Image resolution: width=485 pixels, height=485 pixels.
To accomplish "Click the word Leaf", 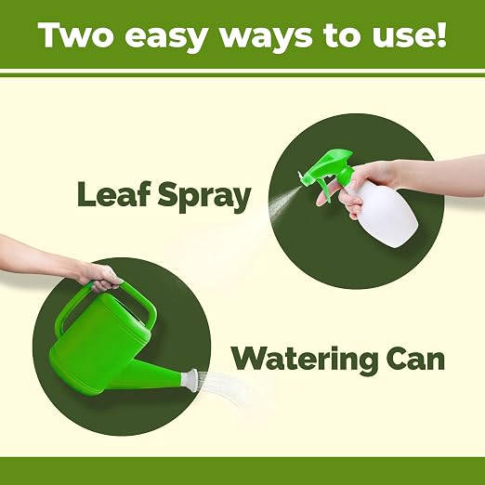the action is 113,194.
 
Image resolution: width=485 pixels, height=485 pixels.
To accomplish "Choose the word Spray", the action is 204,197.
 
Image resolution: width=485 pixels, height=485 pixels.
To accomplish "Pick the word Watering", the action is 305,360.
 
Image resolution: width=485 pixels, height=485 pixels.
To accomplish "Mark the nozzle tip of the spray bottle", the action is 300,176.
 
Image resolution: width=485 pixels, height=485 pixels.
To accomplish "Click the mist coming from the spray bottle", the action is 282,203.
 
